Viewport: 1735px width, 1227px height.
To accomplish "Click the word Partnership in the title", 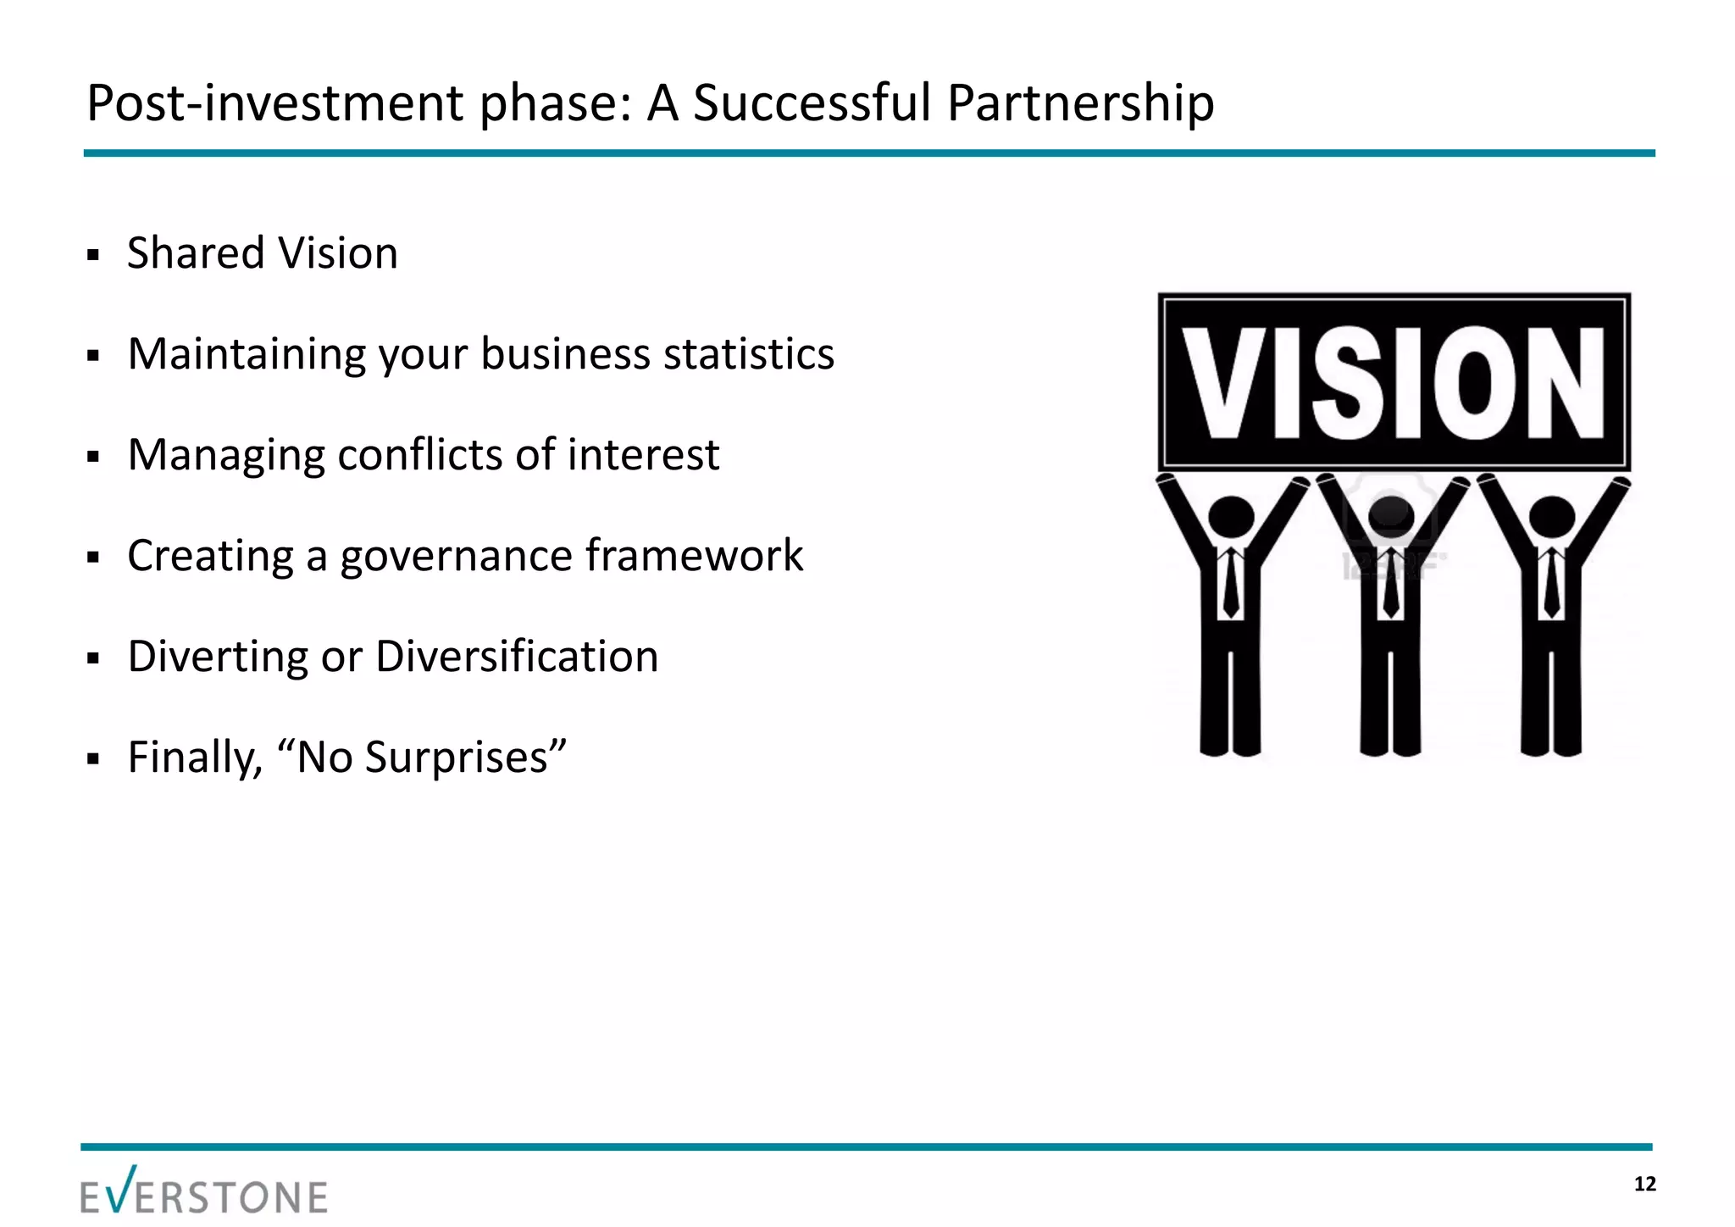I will click(1080, 103).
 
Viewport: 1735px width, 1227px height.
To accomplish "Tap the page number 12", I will click(1644, 1184).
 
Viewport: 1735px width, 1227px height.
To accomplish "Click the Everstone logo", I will click(204, 1191).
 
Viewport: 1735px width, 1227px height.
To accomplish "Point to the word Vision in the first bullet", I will click(338, 253).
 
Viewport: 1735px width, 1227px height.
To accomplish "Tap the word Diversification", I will click(517, 657).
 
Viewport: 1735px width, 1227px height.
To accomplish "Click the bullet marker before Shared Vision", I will click(94, 255).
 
